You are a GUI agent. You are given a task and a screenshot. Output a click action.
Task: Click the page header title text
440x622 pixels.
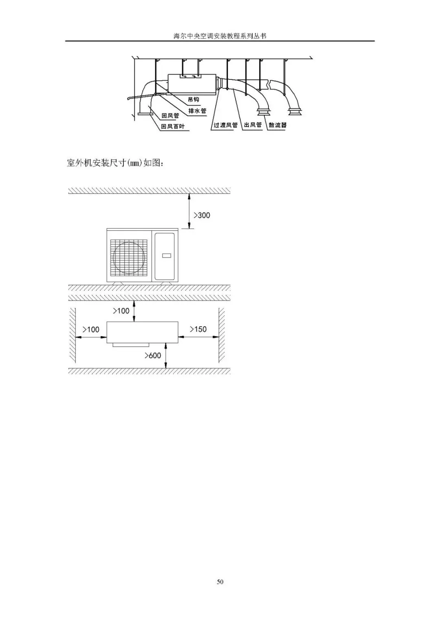[x=220, y=36]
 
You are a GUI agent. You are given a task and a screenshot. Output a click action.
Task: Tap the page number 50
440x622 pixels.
[x=220, y=582]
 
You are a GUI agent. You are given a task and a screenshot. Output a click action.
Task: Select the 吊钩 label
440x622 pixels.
[x=194, y=100]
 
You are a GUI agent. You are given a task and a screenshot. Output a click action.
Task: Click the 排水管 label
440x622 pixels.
[x=197, y=111]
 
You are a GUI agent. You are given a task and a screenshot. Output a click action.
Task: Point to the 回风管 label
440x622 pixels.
[x=170, y=116]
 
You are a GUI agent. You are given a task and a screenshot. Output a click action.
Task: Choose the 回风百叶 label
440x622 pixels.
[x=173, y=126]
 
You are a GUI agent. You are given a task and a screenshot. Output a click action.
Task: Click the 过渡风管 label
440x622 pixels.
[x=225, y=125]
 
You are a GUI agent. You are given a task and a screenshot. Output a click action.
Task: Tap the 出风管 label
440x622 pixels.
[x=253, y=125]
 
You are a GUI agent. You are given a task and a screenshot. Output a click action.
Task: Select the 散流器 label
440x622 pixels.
[x=277, y=125]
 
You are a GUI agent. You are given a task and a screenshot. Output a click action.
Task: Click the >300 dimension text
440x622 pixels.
[x=202, y=215]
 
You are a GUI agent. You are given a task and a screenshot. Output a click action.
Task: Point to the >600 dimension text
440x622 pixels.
[x=153, y=355]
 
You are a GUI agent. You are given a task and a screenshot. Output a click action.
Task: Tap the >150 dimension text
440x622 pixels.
[x=198, y=329]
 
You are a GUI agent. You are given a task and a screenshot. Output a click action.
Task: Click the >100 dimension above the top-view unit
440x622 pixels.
[x=121, y=311]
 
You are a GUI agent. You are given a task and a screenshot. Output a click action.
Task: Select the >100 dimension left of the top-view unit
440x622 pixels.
[x=91, y=329]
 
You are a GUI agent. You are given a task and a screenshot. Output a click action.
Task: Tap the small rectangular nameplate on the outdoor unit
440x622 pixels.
[x=166, y=256]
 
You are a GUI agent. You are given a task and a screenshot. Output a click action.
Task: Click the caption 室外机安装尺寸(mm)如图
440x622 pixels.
[x=115, y=164]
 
